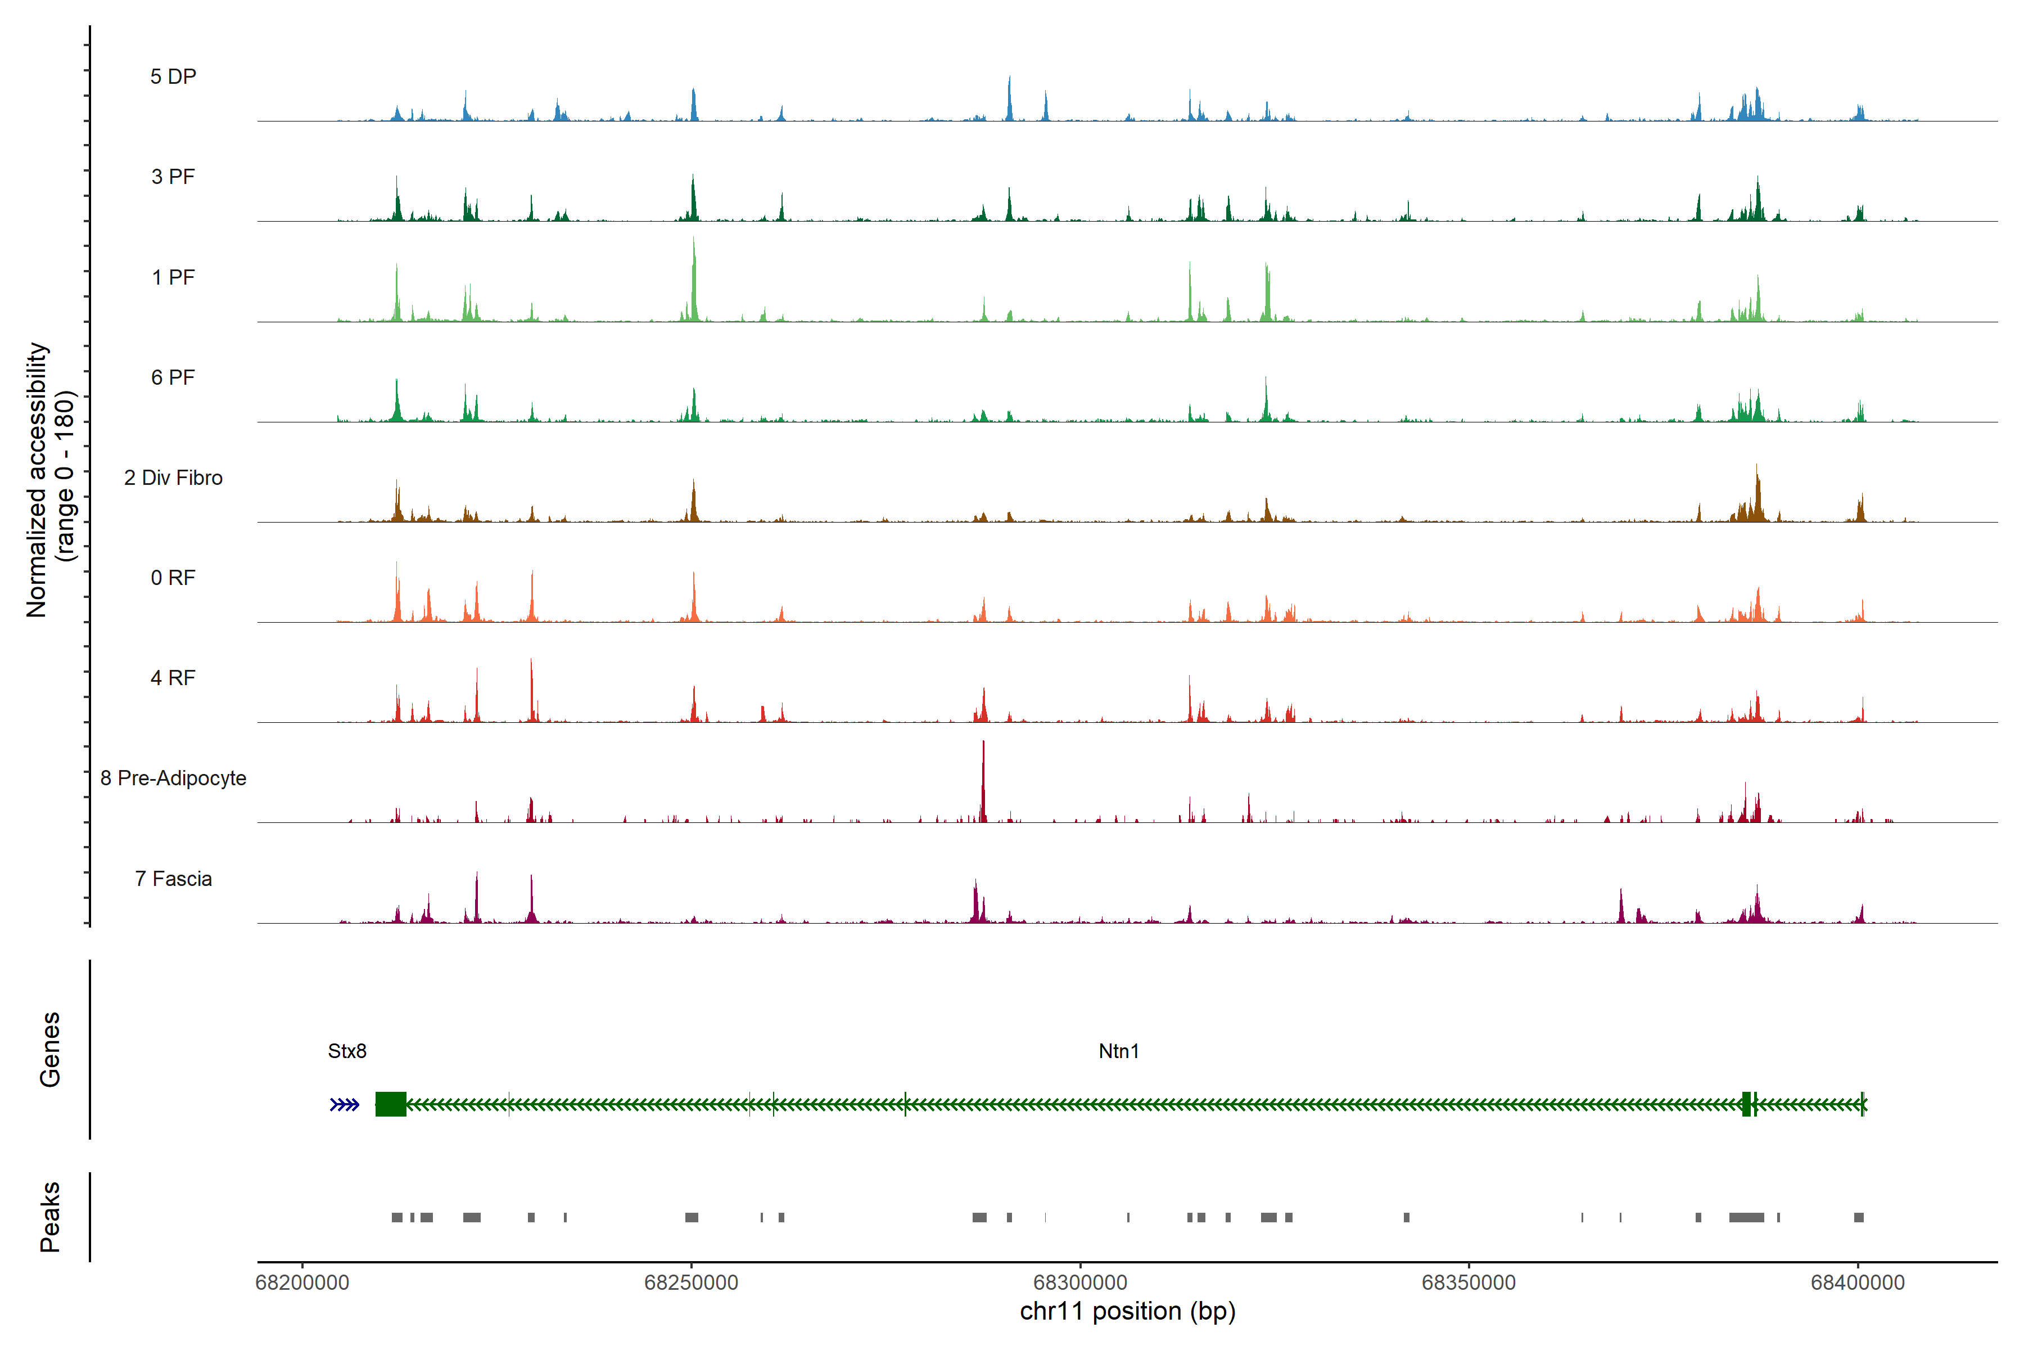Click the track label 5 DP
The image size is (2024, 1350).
click(x=173, y=76)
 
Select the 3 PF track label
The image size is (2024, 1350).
click(x=173, y=177)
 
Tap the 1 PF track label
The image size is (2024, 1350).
click(x=173, y=277)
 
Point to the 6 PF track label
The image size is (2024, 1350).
click(x=173, y=377)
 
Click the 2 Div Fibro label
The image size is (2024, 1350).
click(x=173, y=478)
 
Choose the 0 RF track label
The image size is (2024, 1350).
click(x=173, y=578)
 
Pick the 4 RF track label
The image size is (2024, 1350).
click(x=173, y=678)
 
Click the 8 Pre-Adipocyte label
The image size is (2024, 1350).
click(x=173, y=778)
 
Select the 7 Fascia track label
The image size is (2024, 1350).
click(x=173, y=878)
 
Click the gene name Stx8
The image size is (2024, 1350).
click(x=347, y=1051)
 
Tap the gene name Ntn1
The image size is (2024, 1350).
click(x=1119, y=1051)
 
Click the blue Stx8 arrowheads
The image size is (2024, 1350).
click(x=344, y=1105)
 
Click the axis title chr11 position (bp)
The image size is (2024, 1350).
click(x=1127, y=1311)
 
